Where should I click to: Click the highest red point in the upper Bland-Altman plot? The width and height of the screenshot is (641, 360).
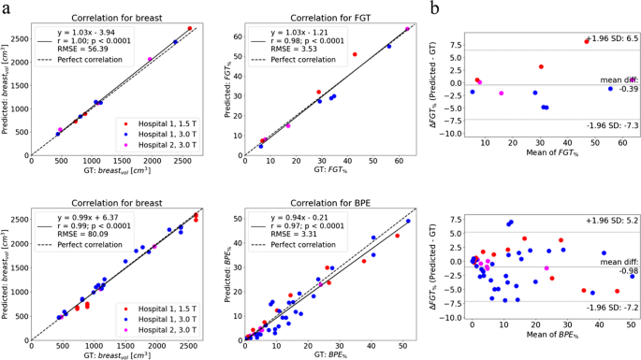click(x=587, y=41)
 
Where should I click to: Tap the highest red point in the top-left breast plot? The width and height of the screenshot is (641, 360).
click(x=190, y=28)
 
